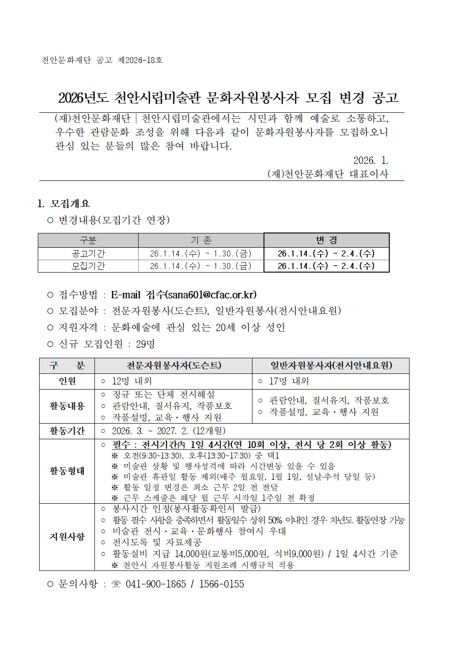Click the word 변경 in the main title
[352, 98]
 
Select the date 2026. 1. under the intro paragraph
[371, 161]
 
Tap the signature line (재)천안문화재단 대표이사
[328, 174]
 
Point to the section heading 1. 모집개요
[64, 203]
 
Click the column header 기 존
[201, 240]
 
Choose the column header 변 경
[326, 240]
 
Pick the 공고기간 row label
[88, 254]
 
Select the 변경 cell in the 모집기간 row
[326, 266]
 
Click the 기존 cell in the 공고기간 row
[201, 254]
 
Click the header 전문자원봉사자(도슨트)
[174, 366]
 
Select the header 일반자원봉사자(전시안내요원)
[331, 366]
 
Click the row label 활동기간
[67, 431]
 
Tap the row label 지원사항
[67, 537]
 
